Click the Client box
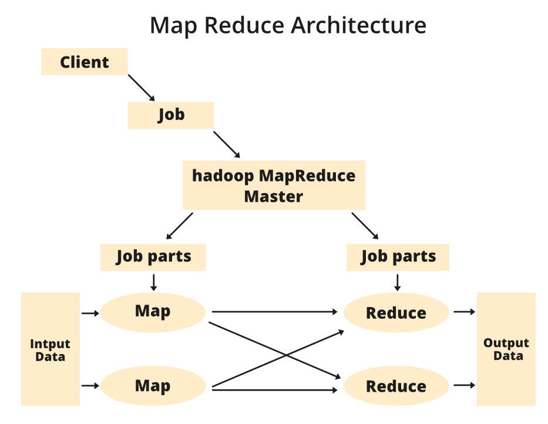[x=84, y=62]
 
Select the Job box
[x=170, y=115]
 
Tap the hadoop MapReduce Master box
[x=274, y=185]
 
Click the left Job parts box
[x=153, y=257]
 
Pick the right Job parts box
[x=398, y=257]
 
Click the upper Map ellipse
[x=153, y=312]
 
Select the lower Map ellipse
[x=153, y=386]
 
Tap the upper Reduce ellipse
[x=396, y=313]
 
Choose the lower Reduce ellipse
[x=396, y=387]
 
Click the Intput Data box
[x=50, y=349]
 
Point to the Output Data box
[x=506, y=349]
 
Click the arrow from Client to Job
[x=142, y=88]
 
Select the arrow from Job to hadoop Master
[x=227, y=145]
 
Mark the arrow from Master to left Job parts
[x=179, y=226]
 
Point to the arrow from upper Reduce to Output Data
[x=464, y=312]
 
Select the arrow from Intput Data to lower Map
[x=90, y=386]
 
